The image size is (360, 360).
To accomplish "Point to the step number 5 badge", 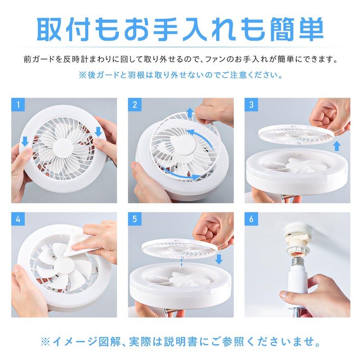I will pyautogui.click(x=135, y=220).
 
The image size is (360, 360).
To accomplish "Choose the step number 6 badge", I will pyautogui.click(x=252, y=220).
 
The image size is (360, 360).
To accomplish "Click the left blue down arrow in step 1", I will pyautogui.click(x=25, y=141).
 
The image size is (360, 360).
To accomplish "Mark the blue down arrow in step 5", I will pyautogui.click(x=219, y=260).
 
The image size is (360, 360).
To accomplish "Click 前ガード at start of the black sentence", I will pyautogui.click(x=40, y=59).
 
